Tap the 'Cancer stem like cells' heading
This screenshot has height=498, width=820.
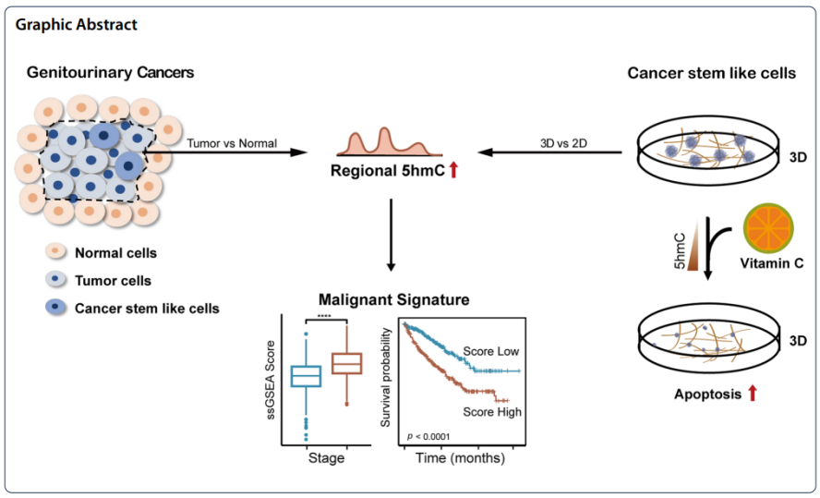(x=711, y=72)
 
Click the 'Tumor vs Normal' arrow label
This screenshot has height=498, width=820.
(x=231, y=143)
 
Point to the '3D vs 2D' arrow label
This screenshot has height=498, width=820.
(x=566, y=143)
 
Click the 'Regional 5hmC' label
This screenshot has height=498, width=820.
(x=381, y=171)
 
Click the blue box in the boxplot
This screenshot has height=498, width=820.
(x=306, y=376)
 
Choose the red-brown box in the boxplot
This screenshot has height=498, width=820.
(x=346, y=364)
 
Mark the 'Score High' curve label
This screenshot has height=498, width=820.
(x=491, y=411)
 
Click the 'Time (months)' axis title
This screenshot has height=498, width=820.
(x=460, y=457)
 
